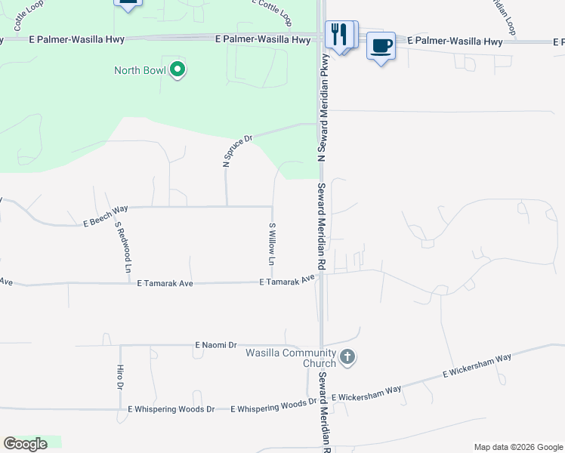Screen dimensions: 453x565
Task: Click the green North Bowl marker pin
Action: pyautogui.click(x=178, y=70)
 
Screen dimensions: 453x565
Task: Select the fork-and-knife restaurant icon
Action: pyautogui.click(x=339, y=34)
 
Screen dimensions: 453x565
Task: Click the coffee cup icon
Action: pyautogui.click(x=381, y=46)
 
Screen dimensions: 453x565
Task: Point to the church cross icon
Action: pyautogui.click(x=347, y=357)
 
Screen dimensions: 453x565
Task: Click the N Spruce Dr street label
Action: pyautogui.click(x=236, y=151)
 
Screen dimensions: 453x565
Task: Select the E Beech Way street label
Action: pyautogui.click(x=105, y=216)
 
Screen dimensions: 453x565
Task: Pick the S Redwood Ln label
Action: pyautogui.click(x=123, y=246)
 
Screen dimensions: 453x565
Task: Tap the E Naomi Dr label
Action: pyautogui.click(x=216, y=344)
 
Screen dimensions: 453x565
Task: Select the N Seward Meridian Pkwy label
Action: pyautogui.click(x=323, y=107)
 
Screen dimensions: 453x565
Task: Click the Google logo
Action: pyautogui.click(x=25, y=444)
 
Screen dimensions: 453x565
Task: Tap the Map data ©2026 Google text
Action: pyautogui.click(x=517, y=447)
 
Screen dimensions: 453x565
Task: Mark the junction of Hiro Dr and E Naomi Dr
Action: pyautogui.click(x=120, y=345)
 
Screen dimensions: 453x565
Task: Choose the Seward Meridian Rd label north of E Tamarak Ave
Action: pyautogui.click(x=321, y=226)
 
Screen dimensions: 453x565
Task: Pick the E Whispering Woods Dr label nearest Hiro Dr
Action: pyautogui.click(x=171, y=408)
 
